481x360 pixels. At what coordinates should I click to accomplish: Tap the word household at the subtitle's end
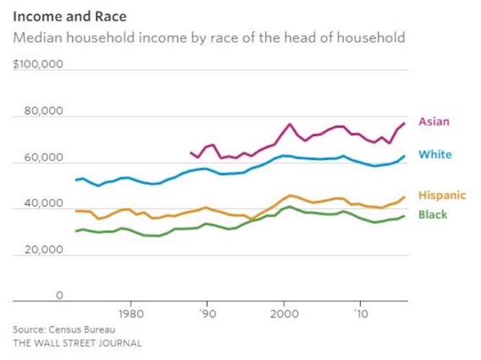click(371, 37)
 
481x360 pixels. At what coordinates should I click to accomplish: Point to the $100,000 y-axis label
click(38, 65)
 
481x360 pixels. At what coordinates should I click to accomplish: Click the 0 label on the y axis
click(60, 295)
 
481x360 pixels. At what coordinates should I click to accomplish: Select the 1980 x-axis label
click(130, 315)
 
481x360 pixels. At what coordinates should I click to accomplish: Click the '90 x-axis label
click(207, 315)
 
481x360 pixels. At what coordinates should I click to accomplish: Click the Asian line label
click(433, 122)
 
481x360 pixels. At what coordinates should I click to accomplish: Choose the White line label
click(435, 155)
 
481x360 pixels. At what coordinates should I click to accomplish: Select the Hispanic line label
click(441, 195)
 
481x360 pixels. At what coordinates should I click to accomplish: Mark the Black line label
click(432, 215)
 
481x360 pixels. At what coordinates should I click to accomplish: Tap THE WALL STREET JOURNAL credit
click(77, 343)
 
